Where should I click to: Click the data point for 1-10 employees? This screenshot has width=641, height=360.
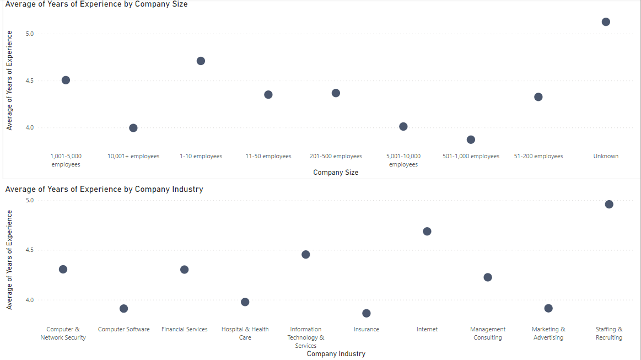[201, 61]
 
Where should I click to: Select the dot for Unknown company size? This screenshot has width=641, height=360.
[606, 22]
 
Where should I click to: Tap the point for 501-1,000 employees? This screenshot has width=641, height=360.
[471, 139]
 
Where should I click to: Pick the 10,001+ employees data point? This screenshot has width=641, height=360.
[133, 128]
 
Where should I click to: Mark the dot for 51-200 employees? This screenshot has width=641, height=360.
[538, 97]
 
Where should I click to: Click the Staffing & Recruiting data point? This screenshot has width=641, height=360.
[609, 205]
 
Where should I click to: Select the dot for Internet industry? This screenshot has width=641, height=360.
[427, 232]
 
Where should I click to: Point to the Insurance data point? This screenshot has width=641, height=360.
[367, 313]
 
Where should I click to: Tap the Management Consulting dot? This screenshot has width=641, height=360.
[488, 277]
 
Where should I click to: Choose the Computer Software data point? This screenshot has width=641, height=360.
[124, 309]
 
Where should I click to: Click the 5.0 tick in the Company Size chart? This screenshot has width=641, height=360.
[30, 34]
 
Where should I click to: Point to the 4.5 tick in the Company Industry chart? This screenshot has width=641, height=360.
[30, 250]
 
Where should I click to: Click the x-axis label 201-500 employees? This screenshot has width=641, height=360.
[336, 157]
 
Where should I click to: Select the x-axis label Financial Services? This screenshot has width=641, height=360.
[185, 330]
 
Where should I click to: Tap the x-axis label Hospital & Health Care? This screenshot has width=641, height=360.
[245, 334]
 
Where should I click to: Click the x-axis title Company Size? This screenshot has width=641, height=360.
[336, 173]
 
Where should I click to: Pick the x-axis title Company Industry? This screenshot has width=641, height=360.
[336, 354]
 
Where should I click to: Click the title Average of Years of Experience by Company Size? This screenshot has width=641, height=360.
[96, 4]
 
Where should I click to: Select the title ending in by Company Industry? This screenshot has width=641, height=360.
[104, 189]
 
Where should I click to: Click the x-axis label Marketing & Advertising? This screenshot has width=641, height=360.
[548, 334]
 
